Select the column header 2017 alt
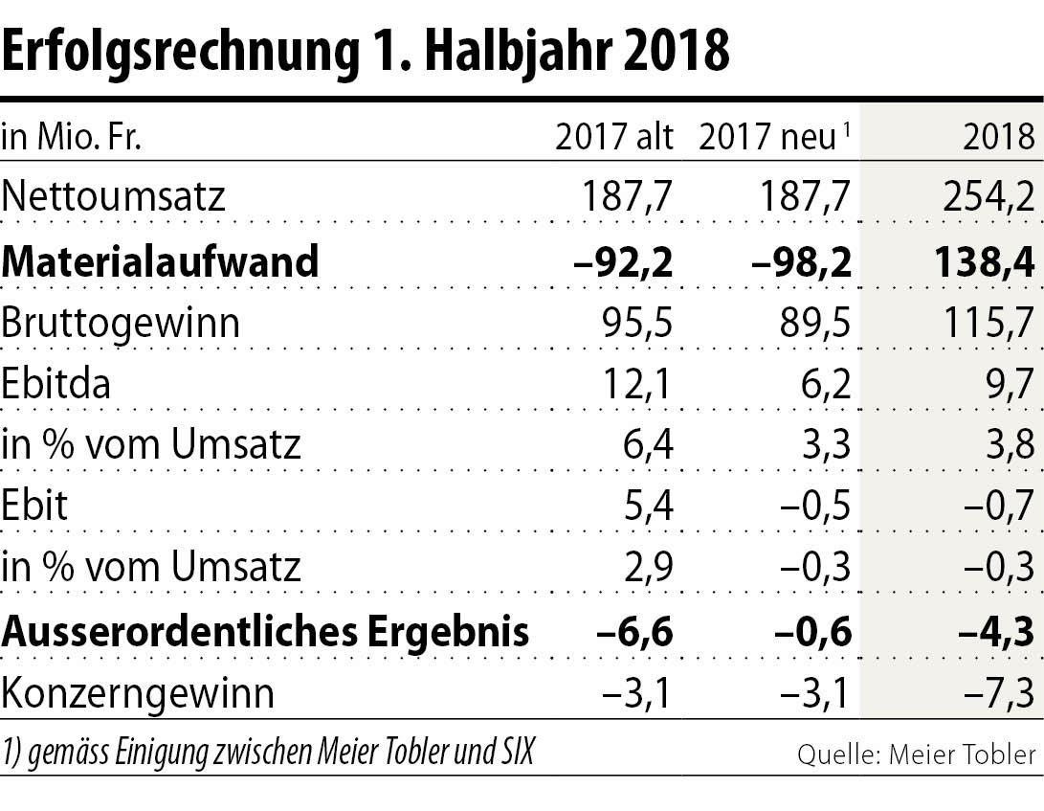tap(614, 138)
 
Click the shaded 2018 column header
tap(999, 138)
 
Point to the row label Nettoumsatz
tap(114, 197)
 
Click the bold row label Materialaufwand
tap(160, 260)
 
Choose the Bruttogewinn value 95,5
tap(633, 323)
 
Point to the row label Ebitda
tap(56, 385)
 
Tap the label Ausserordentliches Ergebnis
tap(265, 631)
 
